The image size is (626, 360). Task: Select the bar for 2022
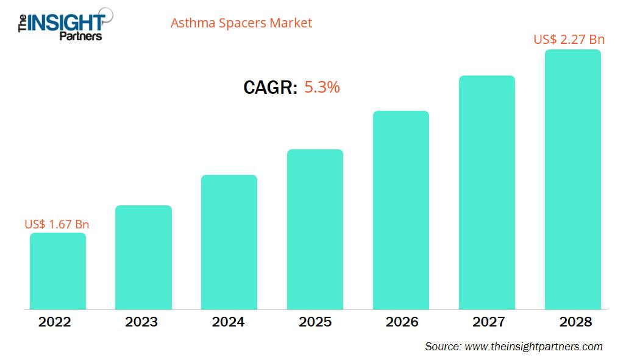pos(58,271)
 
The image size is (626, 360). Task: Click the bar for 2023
pos(143,257)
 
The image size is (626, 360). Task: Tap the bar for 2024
pos(229,242)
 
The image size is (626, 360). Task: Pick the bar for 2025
pos(315,229)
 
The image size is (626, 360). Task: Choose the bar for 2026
pos(401,210)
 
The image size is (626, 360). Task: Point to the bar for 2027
pos(487,192)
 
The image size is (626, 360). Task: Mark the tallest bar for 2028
pos(572,179)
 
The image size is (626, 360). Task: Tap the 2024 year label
pos(228,322)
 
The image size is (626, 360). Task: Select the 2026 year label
pos(402,322)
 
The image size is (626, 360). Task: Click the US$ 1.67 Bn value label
pos(57,224)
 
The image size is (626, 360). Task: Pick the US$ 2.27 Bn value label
pos(569,40)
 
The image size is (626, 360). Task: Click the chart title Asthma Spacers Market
pos(241,23)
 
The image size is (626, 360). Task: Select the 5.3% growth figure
pos(322,87)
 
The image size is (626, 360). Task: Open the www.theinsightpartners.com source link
pos(533,347)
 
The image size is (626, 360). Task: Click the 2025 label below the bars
pos(315,322)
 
